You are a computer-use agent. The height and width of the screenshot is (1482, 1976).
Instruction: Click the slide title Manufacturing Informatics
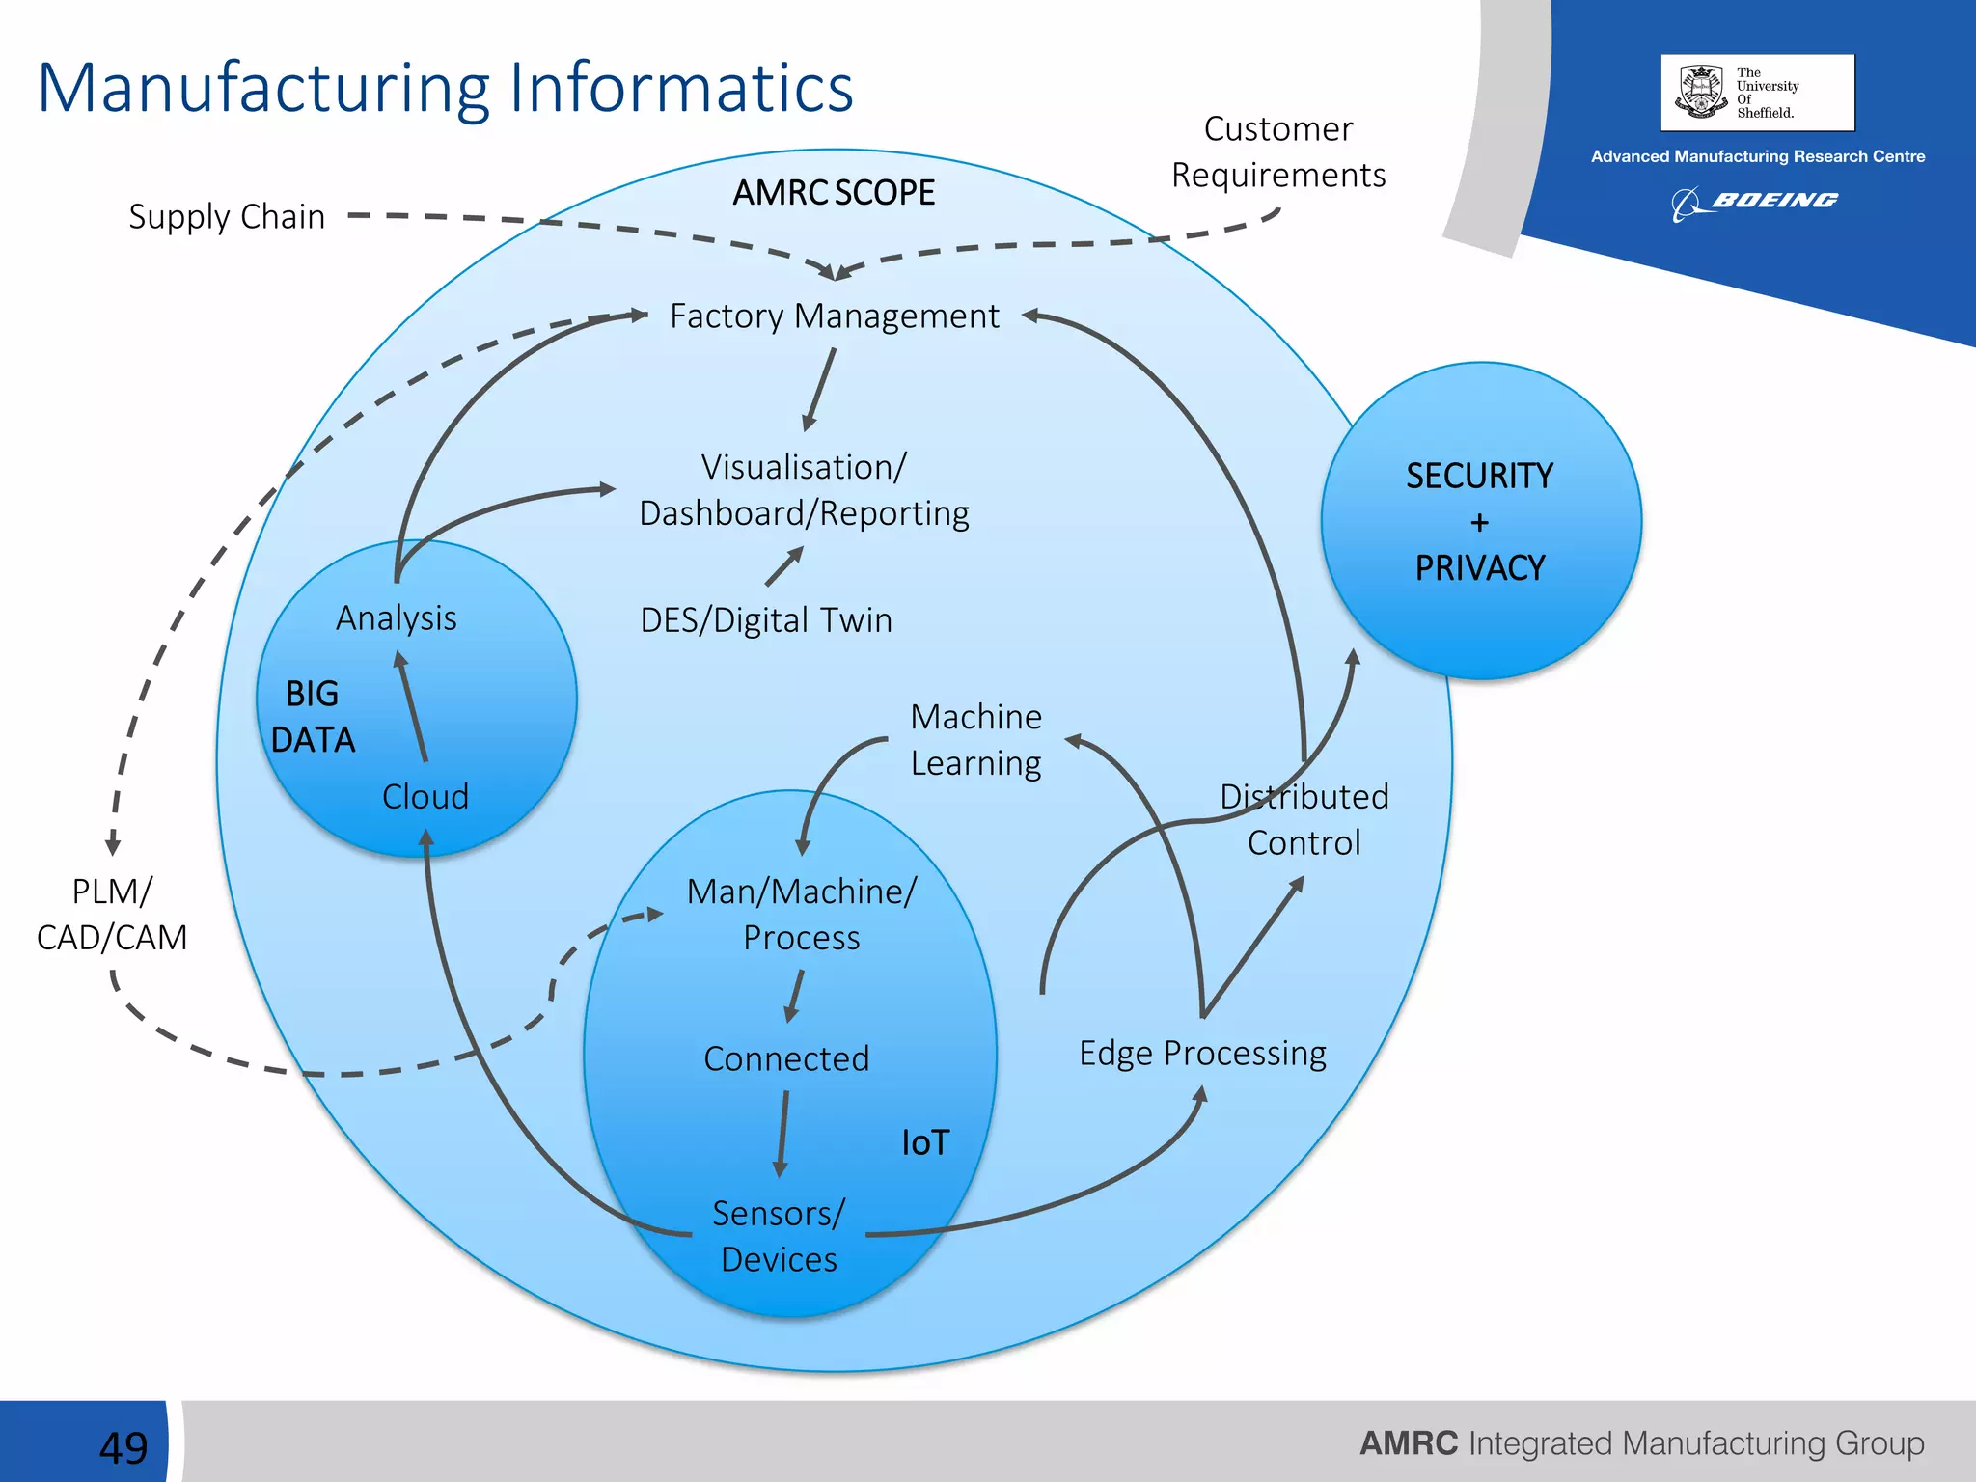[445, 88]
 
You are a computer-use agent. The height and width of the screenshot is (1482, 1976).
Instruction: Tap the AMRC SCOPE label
[834, 193]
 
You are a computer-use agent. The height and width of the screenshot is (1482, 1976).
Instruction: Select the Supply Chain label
[227, 217]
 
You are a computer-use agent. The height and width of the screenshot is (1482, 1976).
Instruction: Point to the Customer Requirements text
[1277, 152]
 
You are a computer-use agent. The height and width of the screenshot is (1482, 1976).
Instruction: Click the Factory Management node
[834, 316]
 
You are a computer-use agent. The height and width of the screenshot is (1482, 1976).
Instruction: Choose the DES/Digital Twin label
[766, 619]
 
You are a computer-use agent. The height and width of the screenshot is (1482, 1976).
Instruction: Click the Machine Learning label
[975, 740]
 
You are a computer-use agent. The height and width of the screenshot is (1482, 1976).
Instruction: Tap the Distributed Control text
[1304, 819]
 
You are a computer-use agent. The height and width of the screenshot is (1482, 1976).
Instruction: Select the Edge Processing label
[1202, 1053]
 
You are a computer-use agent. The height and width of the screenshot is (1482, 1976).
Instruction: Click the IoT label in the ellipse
[925, 1143]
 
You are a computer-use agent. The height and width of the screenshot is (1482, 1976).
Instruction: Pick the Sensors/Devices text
[779, 1236]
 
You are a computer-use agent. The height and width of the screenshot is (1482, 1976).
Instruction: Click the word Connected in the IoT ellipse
[786, 1058]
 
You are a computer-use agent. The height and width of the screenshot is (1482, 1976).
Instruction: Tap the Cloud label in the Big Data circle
[425, 797]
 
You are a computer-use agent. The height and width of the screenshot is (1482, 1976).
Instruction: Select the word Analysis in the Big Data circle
[397, 618]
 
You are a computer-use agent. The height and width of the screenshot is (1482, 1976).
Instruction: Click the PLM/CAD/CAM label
[112, 915]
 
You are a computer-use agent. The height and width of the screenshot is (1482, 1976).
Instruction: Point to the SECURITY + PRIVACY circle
[1480, 522]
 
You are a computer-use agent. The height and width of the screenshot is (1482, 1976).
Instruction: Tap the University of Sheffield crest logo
[1702, 92]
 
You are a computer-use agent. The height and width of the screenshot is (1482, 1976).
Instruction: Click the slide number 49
[123, 1446]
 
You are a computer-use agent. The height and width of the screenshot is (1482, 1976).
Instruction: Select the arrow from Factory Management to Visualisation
[819, 389]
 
